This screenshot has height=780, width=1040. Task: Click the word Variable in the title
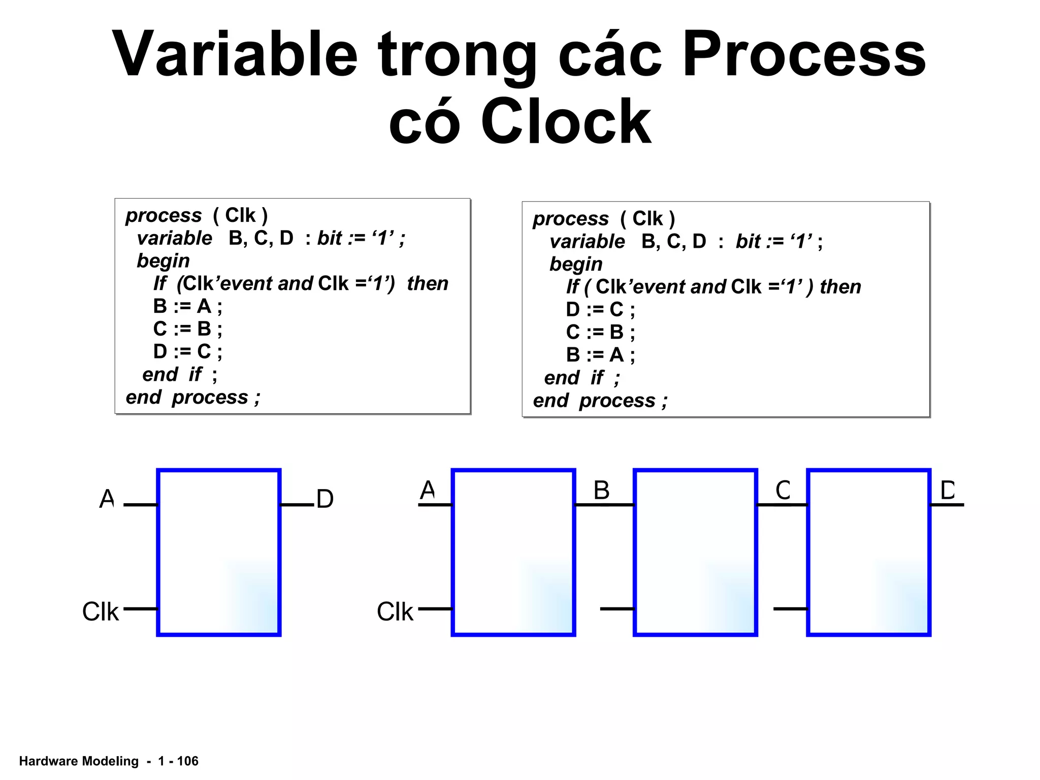(235, 55)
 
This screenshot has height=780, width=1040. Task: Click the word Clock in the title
(566, 122)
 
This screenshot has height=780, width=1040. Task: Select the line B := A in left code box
(187, 306)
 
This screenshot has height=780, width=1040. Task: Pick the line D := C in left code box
(187, 351)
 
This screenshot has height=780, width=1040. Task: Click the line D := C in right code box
(600, 309)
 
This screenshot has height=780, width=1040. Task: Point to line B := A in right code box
(600, 355)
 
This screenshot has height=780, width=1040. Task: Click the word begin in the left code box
(163, 261)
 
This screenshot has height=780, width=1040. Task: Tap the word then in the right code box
(840, 287)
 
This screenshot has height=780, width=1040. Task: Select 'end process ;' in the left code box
(193, 397)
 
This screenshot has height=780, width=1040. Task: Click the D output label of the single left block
(325, 499)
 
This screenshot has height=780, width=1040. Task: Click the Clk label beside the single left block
(101, 611)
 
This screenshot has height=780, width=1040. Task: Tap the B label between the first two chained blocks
(601, 491)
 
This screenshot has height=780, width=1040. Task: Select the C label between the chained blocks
(783, 491)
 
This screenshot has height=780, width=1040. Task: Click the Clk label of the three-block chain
(395, 611)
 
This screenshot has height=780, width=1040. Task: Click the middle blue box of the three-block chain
(695, 552)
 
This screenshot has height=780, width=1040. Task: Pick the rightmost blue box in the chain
(869, 552)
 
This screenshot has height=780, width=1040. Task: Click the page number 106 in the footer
(188, 761)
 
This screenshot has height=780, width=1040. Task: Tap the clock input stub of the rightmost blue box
(790, 608)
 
